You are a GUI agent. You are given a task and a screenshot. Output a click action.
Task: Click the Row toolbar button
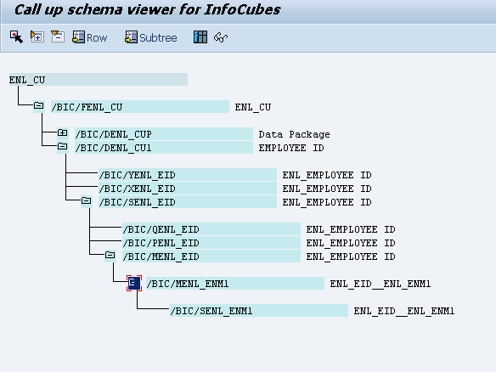click(x=90, y=37)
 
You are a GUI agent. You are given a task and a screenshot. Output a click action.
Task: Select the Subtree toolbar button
click(x=151, y=37)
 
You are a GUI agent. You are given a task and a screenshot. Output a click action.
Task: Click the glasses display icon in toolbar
click(x=221, y=37)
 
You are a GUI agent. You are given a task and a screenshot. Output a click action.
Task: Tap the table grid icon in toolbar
click(x=200, y=37)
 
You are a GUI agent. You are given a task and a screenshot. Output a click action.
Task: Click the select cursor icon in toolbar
click(x=16, y=37)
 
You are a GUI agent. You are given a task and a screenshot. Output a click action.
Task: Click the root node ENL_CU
click(x=27, y=80)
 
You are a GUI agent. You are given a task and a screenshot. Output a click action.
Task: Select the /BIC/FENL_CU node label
click(x=87, y=107)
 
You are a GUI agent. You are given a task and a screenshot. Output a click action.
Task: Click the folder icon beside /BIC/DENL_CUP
click(x=62, y=132)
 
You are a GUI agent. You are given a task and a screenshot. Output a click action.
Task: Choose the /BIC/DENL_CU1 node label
click(x=113, y=148)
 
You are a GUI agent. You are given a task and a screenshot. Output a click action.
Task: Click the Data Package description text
click(x=294, y=134)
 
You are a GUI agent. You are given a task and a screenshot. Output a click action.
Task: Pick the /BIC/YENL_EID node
click(x=137, y=175)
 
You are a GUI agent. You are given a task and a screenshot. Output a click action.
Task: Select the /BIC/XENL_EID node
click(x=137, y=189)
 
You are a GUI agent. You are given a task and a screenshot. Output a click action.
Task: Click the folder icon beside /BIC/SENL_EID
click(x=86, y=200)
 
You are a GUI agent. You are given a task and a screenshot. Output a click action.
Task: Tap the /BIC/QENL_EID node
click(x=161, y=229)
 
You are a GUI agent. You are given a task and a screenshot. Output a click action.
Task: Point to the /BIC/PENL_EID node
click(x=161, y=243)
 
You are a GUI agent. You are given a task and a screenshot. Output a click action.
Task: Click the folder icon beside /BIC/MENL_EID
click(x=110, y=255)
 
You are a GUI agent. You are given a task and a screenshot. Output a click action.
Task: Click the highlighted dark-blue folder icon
click(x=134, y=283)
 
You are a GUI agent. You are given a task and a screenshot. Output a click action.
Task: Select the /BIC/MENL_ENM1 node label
click(x=188, y=284)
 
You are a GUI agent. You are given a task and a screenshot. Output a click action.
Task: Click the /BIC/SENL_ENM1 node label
click(x=211, y=311)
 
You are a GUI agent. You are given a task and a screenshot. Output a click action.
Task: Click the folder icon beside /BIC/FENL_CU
click(x=38, y=105)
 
